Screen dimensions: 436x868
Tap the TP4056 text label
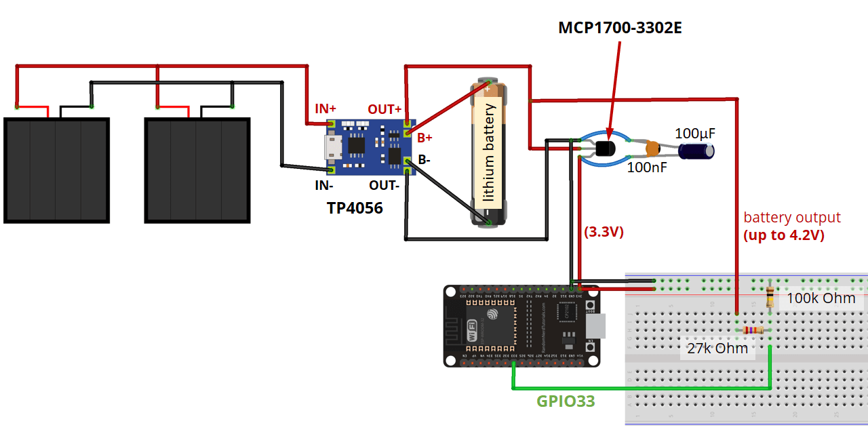pyautogui.click(x=354, y=208)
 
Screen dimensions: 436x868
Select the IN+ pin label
pyautogui.click(x=325, y=108)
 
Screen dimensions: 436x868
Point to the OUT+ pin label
pyautogui.click(x=384, y=109)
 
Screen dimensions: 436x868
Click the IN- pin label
pyautogui.click(x=324, y=185)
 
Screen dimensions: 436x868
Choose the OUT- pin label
pyautogui.click(x=384, y=185)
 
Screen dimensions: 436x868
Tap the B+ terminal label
pyautogui.click(x=425, y=138)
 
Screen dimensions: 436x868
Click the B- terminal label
pyautogui.click(x=423, y=161)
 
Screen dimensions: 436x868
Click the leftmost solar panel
pyautogui.click(x=56, y=170)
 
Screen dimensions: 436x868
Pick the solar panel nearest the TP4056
pyautogui.click(x=197, y=170)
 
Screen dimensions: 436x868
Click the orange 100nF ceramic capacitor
pyautogui.click(x=652, y=147)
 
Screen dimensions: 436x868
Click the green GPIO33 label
pyautogui.click(x=566, y=401)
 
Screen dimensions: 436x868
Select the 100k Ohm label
pyautogui.click(x=821, y=298)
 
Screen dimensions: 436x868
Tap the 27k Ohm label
pyautogui.click(x=717, y=348)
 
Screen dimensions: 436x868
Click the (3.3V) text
pyautogui.click(x=604, y=232)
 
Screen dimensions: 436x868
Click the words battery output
pyautogui.click(x=792, y=218)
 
